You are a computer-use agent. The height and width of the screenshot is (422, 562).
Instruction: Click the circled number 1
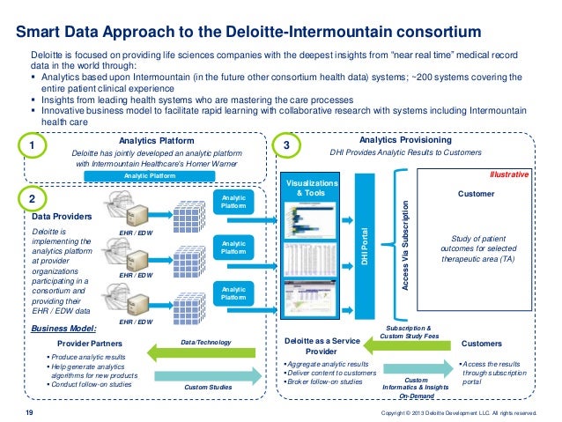coord(32,144)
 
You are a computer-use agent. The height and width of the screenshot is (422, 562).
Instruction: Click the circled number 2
coord(32,198)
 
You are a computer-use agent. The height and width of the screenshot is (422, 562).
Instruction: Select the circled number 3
coord(285,144)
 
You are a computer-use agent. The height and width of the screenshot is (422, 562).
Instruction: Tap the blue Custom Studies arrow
coord(207,376)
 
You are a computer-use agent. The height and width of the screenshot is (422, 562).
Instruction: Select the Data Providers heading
coord(60,215)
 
